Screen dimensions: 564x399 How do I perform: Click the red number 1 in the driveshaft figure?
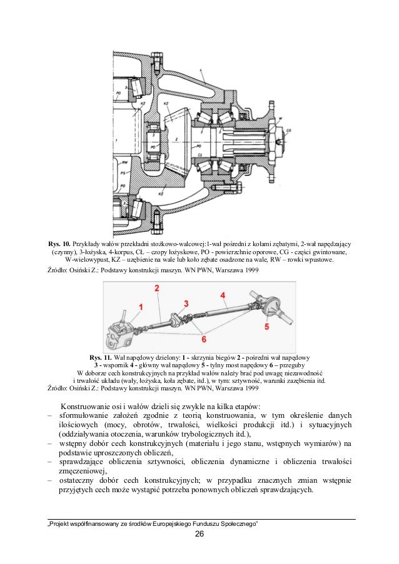[x=141, y=306]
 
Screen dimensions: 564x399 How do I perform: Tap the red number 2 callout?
[x=158, y=288]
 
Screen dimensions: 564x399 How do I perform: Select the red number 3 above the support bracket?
[x=186, y=303]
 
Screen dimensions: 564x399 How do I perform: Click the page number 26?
[x=199, y=533]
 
